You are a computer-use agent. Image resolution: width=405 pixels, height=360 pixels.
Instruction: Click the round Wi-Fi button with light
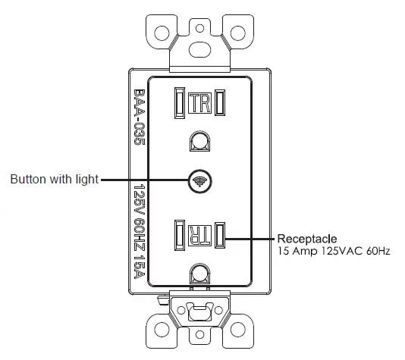tap(200, 180)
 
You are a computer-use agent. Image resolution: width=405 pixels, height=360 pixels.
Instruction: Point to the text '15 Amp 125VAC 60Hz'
tap(333, 250)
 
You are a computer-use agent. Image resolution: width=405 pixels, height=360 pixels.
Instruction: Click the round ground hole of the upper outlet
tap(199, 141)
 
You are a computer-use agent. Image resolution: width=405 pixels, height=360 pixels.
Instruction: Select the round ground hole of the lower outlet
tap(199, 273)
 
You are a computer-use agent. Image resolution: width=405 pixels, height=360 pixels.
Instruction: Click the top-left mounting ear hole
tap(162, 34)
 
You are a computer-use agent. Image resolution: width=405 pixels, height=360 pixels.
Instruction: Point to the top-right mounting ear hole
tap(237, 34)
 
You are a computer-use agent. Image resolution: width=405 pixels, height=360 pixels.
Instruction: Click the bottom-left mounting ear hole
tap(162, 328)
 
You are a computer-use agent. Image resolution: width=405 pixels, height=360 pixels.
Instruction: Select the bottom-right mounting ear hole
tap(237, 328)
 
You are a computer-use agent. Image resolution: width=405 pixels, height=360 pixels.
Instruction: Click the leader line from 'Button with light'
tap(144, 180)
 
